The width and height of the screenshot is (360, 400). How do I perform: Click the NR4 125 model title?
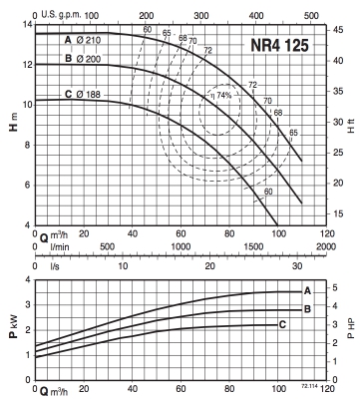pyautogui.click(x=279, y=45)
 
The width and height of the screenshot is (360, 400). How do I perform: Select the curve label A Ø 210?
pyautogui.click(x=83, y=40)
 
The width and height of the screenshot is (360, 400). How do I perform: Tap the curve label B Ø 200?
pyautogui.click(x=83, y=59)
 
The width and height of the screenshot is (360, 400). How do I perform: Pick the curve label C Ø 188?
pyautogui.click(x=83, y=95)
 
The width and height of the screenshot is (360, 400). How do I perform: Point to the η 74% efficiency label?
pyautogui.click(x=220, y=95)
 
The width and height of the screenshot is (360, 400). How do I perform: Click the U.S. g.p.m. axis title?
pyautogui.click(x=61, y=15)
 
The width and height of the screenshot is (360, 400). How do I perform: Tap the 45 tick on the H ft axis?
pyautogui.click(x=338, y=30)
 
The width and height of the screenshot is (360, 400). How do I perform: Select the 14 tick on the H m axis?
pyautogui.click(x=27, y=25)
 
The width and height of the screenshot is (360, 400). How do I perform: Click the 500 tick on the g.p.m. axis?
pyautogui.click(x=311, y=15)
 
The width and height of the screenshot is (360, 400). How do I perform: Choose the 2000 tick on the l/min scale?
pyautogui.click(x=326, y=246)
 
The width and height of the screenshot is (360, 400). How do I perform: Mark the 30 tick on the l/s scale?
pyautogui.click(x=297, y=266)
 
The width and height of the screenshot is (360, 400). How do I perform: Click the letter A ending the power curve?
pyautogui.click(x=307, y=291)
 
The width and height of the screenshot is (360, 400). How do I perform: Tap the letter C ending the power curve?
pyautogui.click(x=282, y=324)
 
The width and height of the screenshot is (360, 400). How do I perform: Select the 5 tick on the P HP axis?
pyautogui.click(x=335, y=287)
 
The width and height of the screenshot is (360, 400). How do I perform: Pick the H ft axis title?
pyautogui.click(x=351, y=127)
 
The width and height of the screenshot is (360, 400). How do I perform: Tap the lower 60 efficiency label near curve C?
pyautogui.click(x=268, y=192)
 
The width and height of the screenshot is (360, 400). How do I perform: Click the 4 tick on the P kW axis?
pyautogui.click(x=28, y=279)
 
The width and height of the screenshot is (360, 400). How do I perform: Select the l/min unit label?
pyautogui.click(x=60, y=247)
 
